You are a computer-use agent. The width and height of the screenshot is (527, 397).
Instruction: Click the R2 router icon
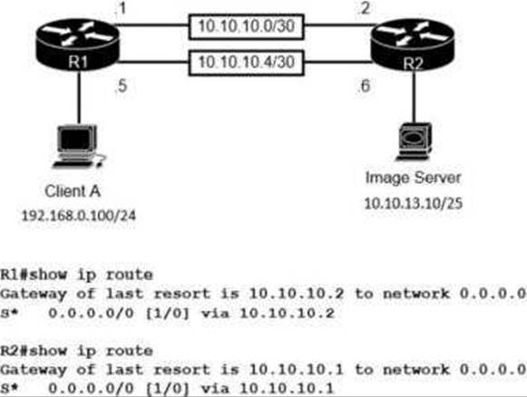tap(413, 44)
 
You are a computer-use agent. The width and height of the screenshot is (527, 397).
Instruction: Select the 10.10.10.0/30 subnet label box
tap(247, 27)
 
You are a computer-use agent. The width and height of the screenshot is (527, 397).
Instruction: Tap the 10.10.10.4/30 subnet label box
tap(247, 63)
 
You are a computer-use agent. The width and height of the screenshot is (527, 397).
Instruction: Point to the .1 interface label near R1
tap(121, 8)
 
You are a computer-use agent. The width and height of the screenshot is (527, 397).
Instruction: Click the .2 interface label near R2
tap(365, 8)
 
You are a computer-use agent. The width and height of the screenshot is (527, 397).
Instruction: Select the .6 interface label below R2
tap(365, 85)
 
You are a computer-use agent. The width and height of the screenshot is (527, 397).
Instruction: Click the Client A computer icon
tap(79, 146)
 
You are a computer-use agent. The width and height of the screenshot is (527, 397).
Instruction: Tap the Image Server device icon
tap(414, 141)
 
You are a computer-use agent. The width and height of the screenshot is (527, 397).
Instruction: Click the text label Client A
tap(73, 191)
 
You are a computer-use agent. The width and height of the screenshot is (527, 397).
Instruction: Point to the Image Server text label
tap(413, 178)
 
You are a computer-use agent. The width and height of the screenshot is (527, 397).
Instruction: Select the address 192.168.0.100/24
tap(79, 216)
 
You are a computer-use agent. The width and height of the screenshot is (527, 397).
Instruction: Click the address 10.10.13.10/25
tap(414, 204)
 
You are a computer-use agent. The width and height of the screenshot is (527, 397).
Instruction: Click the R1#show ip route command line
tap(76, 275)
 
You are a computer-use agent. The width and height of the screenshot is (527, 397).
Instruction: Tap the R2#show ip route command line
tap(76, 351)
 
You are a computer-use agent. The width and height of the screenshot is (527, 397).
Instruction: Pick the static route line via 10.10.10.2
tap(168, 313)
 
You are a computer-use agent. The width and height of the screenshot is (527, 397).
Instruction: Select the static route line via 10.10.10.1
tap(168, 389)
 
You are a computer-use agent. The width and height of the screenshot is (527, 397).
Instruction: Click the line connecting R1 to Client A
tap(79, 97)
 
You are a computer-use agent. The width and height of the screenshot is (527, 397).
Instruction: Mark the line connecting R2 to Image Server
tap(414, 97)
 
